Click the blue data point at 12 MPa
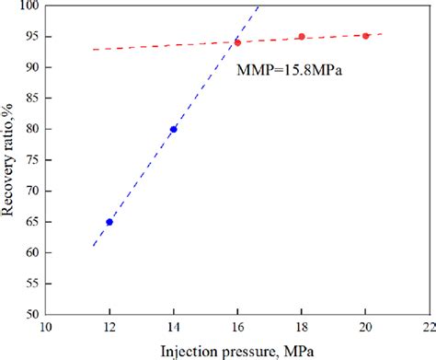109,222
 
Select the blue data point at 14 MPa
174,129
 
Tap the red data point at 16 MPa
237,42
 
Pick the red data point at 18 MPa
302,37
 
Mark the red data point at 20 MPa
366,36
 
